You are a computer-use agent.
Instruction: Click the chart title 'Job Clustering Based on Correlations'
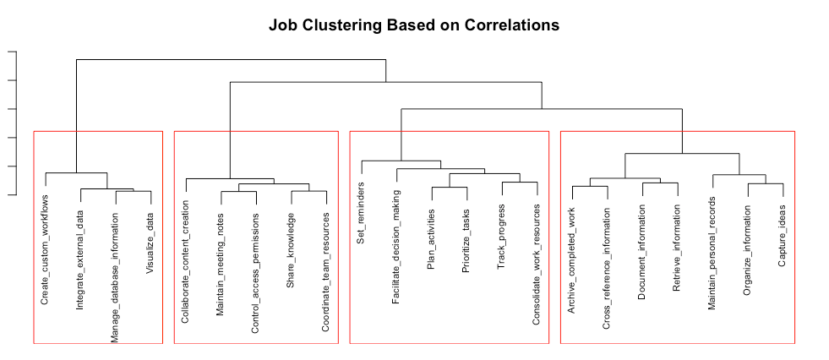[x=414, y=25]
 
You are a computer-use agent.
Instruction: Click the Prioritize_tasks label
[x=466, y=241]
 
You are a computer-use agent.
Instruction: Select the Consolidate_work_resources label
[x=537, y=264]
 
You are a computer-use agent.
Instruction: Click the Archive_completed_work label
[x=572, y=261]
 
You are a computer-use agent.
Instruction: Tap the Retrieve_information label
[x=677, y=248]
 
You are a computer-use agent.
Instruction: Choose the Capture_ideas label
[x=783, y=236]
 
